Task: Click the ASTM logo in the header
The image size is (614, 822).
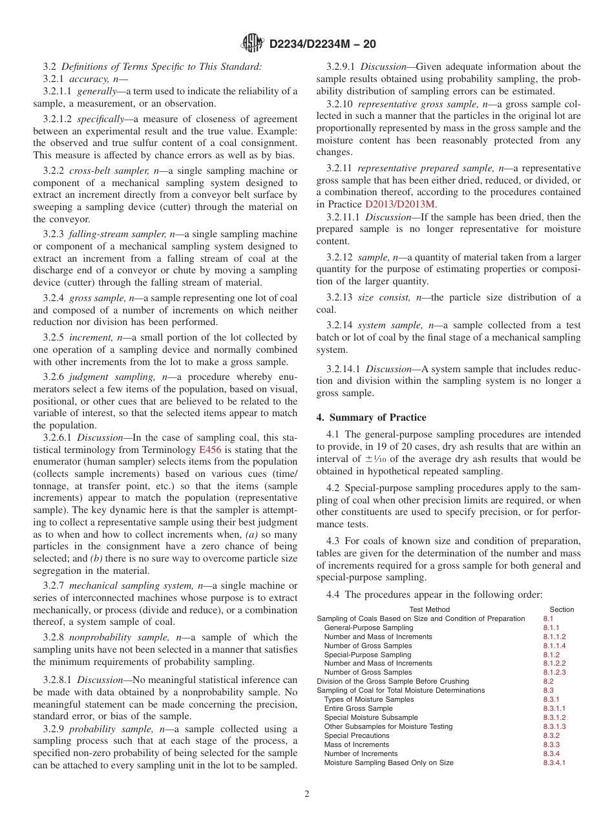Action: (252, 43)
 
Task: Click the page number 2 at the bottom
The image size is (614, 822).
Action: (307, 794)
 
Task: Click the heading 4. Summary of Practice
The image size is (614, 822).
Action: (371, 417)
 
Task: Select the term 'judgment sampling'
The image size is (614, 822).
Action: (114, 377)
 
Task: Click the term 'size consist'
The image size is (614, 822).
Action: (385, 297)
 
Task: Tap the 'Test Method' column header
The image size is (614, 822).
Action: (429, 609)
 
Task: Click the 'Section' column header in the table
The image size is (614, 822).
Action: (561, 609)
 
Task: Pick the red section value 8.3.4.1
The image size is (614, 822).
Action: (554, 763)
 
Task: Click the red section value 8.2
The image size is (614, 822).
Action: (548, 681)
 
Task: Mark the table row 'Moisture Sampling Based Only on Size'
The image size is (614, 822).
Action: (388, 763)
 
